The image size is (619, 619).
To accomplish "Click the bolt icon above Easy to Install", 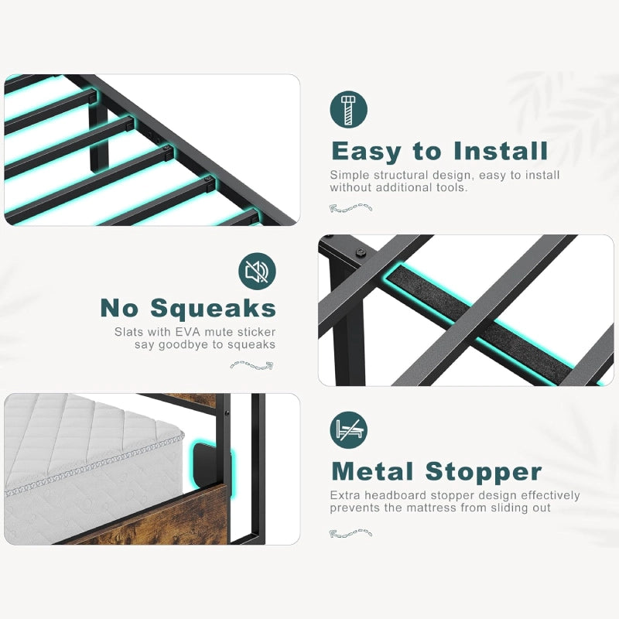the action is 349,109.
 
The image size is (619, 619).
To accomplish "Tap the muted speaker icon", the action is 257,272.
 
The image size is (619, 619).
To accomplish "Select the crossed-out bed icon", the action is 349,430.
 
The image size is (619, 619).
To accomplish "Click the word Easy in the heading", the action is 366,151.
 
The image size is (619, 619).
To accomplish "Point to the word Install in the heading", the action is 501,150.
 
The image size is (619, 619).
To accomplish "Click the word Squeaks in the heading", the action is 214,309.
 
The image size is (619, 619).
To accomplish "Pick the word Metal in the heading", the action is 373,471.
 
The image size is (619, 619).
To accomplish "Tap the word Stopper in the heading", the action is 484,473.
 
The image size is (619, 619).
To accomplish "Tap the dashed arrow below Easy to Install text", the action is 351,207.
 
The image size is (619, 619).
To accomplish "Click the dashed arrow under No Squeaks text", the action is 251,365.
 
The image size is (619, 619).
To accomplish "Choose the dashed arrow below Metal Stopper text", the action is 351,533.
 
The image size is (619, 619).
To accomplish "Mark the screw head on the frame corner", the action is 361,253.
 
